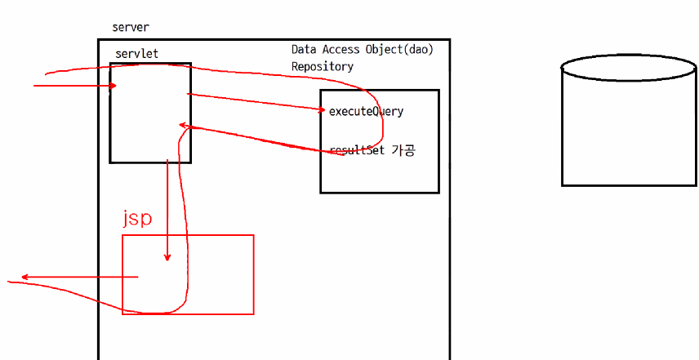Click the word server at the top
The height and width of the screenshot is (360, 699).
(x=131, y=28)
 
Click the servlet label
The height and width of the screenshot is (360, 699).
(x=136, y=54)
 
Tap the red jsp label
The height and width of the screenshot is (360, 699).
(x=137, y=218)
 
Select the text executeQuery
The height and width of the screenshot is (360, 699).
(x=366, y=111)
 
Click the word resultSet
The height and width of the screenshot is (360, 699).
(x=358, y=150)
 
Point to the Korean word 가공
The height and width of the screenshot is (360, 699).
(x=403, y=150)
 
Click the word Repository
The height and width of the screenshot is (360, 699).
(x=323, y=66)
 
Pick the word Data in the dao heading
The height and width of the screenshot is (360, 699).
(x=305, y=50)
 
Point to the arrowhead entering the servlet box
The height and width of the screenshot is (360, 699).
(x=114, y=85)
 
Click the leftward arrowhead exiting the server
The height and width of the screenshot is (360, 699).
(x=24, y=277)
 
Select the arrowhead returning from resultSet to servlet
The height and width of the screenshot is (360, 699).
(x=184, y=126)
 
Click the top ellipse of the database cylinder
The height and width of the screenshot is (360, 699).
(x=629, y=68)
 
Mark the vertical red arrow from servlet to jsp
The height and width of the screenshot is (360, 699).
(x=167, y=208)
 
